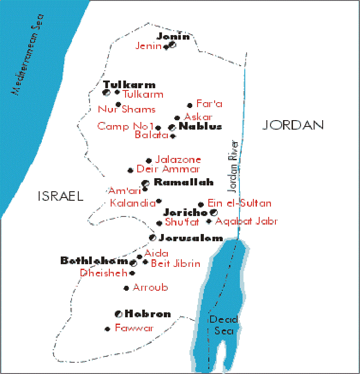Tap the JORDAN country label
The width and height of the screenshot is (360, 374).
coord(293,125)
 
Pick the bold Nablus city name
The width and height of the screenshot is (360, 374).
coord(200,126)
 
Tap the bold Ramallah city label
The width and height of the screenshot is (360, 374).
coord(177,182)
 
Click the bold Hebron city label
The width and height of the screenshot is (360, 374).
coord(148,314)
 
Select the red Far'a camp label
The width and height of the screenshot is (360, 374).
coord(210,104)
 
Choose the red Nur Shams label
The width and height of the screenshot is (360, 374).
coord(127,109)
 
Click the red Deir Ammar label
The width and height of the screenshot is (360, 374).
coord(168,169)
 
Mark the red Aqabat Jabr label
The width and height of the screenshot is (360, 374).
coord(246,221)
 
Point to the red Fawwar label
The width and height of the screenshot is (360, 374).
coord(134,328)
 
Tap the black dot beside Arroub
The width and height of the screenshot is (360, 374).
coord(126,288)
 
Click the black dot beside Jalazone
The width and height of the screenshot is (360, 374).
coord(148,160)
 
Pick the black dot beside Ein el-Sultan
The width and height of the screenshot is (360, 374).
coord(201,204)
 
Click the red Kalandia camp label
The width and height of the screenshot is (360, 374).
coord(132,203)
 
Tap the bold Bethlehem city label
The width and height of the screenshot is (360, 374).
coord(95,261)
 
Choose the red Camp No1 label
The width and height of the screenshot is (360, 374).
coord(126,126)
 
